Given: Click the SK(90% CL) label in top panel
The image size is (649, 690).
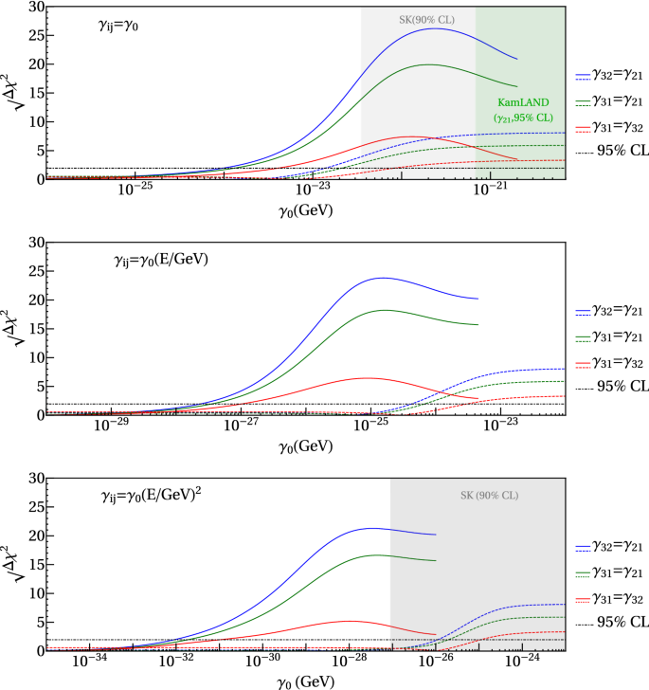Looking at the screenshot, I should [x=418, y=19].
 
